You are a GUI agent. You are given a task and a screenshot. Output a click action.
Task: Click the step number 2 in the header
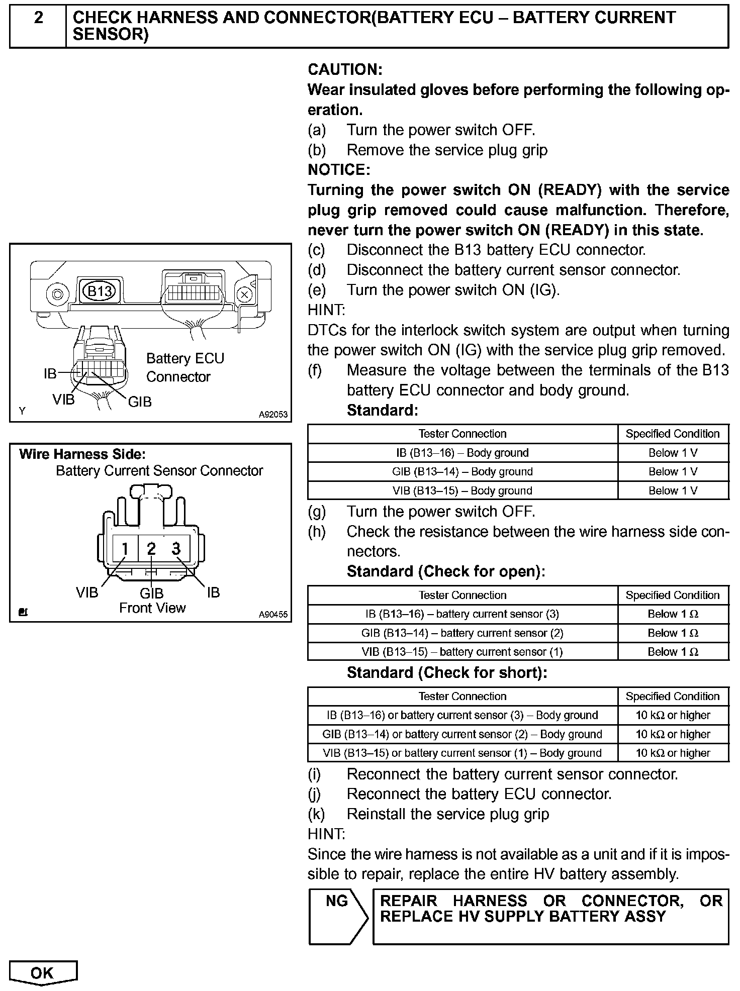(x=38, y=18)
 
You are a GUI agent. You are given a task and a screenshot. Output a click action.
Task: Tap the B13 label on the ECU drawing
(x=100, y=291)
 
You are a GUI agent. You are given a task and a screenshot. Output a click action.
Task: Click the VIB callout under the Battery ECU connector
(x=63, y=400)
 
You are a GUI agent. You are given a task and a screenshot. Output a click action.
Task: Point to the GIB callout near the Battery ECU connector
(x=140, y=402)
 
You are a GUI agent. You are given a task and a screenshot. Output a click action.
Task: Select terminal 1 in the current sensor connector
(x=124, y=548)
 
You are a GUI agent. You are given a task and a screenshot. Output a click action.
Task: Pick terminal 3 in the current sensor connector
(x=176, y=548)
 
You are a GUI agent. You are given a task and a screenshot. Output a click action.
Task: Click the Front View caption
(x=152, y=608)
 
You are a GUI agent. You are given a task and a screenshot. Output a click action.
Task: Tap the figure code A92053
(x=273, y=415)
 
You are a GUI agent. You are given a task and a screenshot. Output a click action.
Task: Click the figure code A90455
(x=273, y=614)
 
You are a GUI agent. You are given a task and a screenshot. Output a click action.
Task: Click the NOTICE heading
(x=339, y=170)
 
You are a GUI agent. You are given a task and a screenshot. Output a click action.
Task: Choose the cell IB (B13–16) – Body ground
(x=462, y=453)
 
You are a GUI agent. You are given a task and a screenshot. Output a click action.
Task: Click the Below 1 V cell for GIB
(x=673, y=472)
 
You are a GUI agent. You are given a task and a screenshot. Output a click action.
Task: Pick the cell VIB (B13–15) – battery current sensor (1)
(x=462, y=652)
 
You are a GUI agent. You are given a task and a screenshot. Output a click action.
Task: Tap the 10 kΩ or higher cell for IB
(x=673, y=715)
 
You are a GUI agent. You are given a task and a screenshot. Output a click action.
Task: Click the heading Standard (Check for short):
(x=446, y=672)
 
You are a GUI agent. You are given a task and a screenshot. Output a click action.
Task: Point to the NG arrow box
(x=338, y=916)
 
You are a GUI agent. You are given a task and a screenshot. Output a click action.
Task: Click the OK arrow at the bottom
(x=43, y=973)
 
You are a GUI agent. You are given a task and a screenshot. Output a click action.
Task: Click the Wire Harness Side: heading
(x=82, y=454)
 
